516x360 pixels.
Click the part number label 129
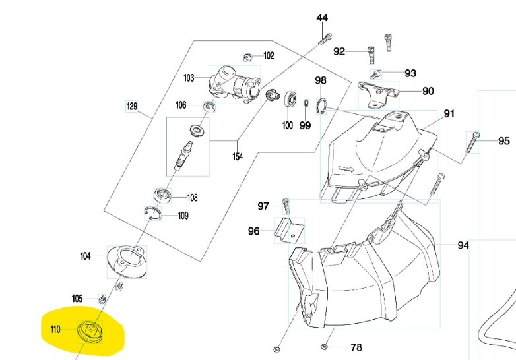[x=132, y=105]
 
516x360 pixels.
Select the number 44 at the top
[x=322, y=18]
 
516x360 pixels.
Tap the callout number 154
[x=237, y=156]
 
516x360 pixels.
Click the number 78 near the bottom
[x=356, y=347]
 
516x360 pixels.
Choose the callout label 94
[x=463, y=245]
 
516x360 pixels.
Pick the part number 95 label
[x=503, y=140]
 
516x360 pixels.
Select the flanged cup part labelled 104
[x=127, y=260]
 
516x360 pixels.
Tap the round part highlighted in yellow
[x=88, y=330]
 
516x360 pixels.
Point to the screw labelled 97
[x=286, y=206]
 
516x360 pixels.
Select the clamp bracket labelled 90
[x=379, y=92]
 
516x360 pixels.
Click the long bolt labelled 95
[x=473, y=142]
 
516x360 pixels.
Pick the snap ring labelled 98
[x=323, y=105]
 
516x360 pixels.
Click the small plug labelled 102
[x=248, y=57]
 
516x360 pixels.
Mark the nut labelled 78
[x=325, y=346]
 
